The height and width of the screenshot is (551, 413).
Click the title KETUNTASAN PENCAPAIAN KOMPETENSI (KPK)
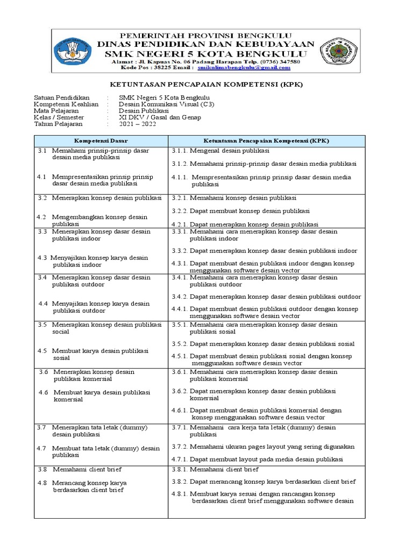point(206,85)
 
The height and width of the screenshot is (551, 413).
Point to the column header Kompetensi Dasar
point(101,140)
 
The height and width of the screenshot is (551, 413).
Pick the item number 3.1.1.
point(180,151)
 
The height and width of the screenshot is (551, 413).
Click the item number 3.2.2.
point(180,210)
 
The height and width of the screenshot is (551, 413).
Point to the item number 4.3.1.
point(180,263)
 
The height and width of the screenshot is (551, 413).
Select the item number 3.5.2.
point(180,343)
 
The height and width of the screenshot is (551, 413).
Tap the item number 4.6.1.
point(180,410)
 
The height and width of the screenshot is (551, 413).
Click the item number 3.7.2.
point(180,447)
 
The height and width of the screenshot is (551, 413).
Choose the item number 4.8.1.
point(180,493)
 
